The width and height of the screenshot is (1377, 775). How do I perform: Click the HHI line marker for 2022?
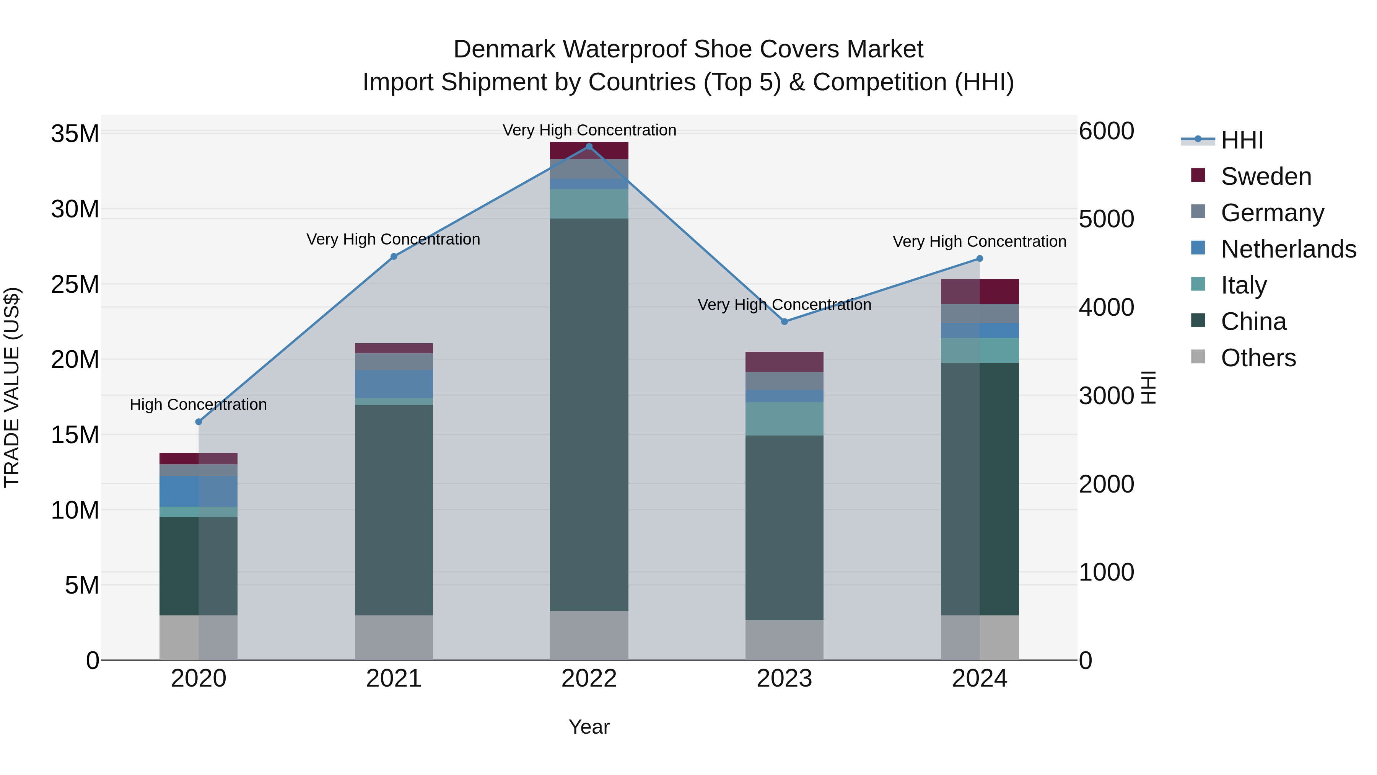point(589,147)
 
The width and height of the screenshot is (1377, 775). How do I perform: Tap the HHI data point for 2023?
point(784,322)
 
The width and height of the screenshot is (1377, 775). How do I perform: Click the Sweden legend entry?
point(1266,176)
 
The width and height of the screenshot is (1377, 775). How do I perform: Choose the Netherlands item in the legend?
point(1288,249)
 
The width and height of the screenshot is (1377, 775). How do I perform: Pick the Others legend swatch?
point(1198,357)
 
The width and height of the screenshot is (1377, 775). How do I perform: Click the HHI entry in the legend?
point(1242,140)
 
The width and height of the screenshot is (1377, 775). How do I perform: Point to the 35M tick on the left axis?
point(75,134)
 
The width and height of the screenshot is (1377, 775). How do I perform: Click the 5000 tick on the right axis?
point(1106,219)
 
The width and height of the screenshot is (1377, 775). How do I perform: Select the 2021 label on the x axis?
point(394,679)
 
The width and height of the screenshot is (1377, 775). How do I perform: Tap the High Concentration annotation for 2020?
point(198,405)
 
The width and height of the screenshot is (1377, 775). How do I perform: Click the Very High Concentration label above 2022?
point(589,131)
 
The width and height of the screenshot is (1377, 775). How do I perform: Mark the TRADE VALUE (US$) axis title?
point(12,387)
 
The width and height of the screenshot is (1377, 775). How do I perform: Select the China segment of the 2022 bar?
point(589,414)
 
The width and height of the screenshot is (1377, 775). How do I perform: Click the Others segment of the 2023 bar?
point(784,640)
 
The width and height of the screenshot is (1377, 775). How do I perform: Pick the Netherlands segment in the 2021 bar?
point(394,384)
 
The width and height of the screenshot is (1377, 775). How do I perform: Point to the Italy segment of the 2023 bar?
point(784,419)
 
